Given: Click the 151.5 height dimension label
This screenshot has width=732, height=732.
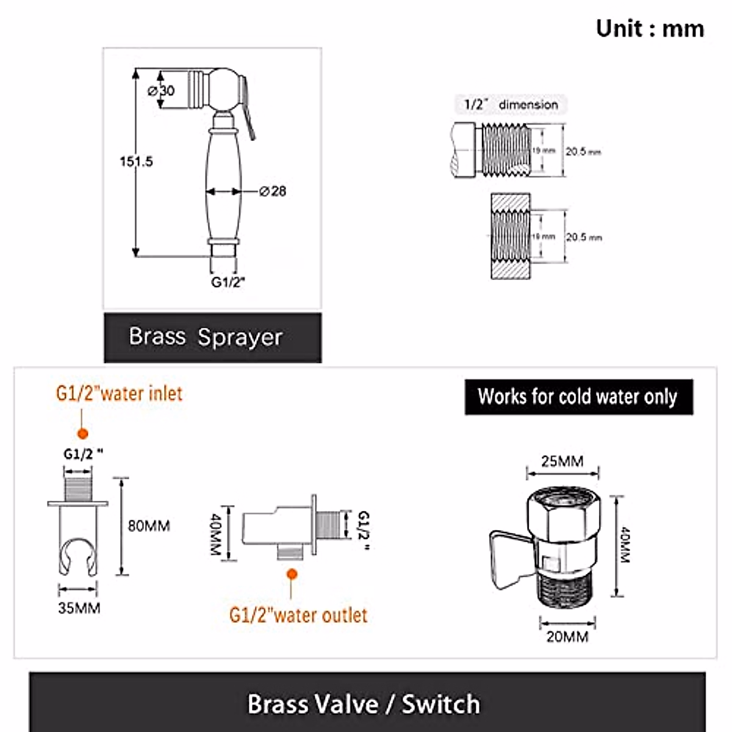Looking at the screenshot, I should [136, 162].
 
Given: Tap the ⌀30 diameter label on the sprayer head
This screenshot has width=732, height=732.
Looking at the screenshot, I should [162, 91].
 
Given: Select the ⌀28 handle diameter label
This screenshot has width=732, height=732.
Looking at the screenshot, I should [273, 192].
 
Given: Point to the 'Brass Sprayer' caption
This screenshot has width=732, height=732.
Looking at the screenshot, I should [206, 337].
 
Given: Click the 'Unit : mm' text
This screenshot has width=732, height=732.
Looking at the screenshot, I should [650, 29].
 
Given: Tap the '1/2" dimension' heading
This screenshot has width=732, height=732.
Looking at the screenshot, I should [511, 104].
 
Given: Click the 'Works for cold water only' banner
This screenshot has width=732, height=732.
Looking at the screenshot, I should [578, 397].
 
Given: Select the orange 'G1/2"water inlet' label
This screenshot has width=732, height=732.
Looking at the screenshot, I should [119, 393].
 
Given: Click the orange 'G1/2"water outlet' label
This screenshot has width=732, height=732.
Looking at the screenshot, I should [298, 615].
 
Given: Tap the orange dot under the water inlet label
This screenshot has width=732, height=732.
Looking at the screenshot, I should [83, 434].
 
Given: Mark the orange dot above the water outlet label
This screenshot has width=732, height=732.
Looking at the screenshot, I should [292, 574].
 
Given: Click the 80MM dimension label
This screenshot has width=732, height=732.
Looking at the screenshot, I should [149, 526].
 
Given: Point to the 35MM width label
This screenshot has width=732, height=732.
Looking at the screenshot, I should [79, 608].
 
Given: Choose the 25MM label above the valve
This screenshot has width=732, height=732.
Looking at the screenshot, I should [562, 461].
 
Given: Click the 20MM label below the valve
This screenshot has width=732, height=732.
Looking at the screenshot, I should [567, 637].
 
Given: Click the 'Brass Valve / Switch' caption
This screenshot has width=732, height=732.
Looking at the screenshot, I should [364, 704].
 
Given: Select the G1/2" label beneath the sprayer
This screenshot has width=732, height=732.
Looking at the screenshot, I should [228, 282].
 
